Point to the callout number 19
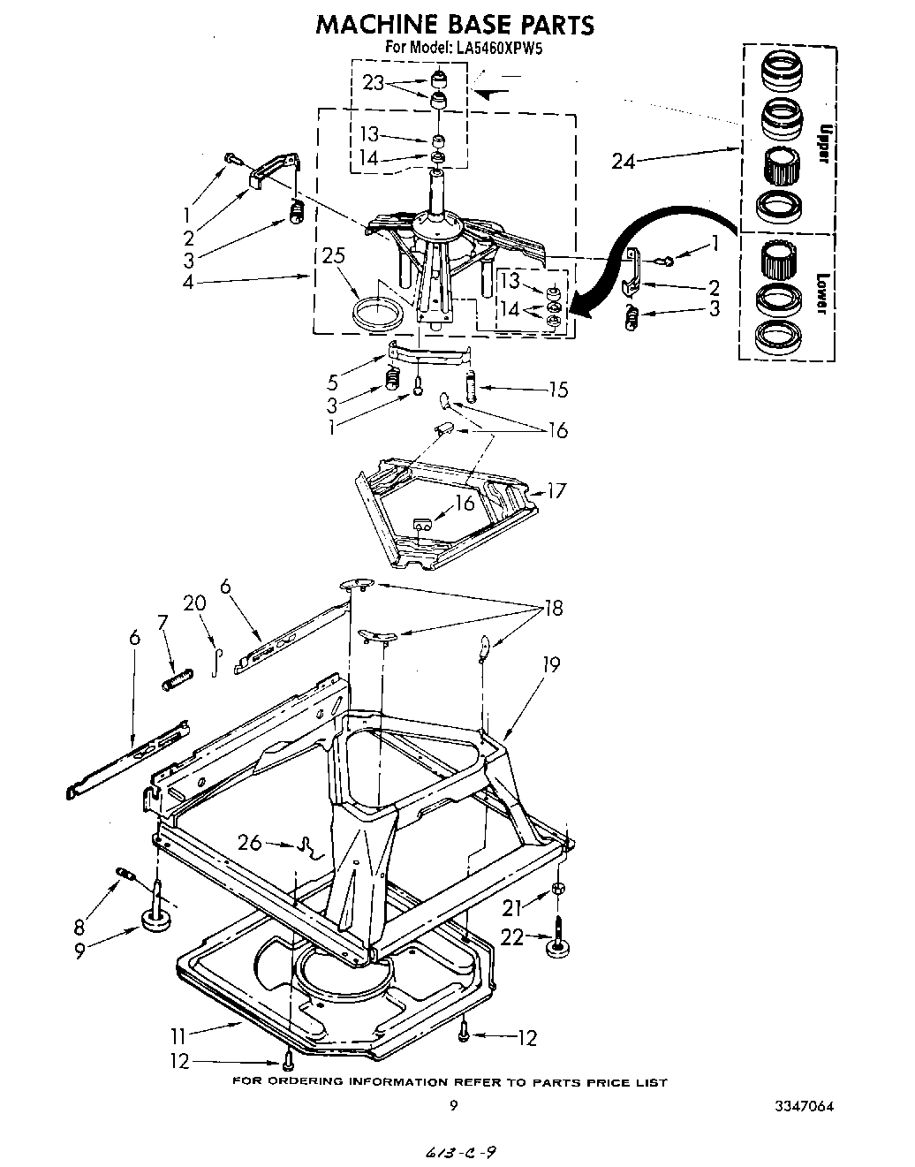click(551, 664)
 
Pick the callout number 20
click(195, 603)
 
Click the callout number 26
click(251, 843)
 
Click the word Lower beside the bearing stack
click(820, 292)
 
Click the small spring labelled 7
click(176, 680)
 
